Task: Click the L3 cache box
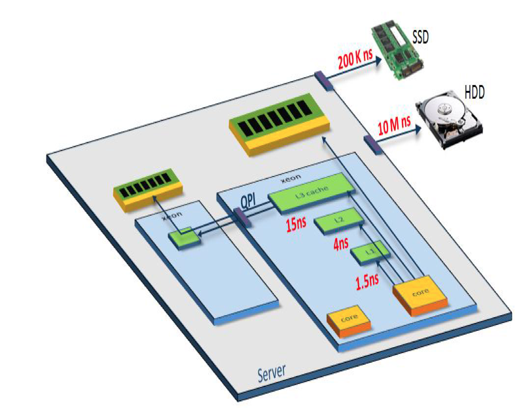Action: (310, 194)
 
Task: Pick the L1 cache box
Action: (370, 252)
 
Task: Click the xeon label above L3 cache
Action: (290, 178)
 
